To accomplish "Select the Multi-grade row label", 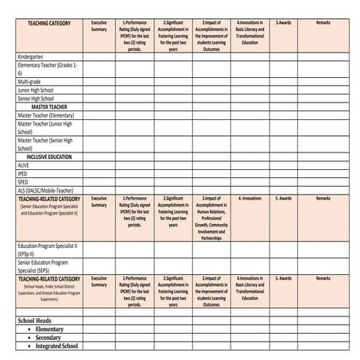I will (29, 81).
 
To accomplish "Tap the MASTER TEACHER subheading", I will (49, 106).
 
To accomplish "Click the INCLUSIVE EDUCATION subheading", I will (49, 157).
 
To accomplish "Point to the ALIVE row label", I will (23, 165).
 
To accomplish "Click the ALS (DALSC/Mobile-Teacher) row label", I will (48, 191).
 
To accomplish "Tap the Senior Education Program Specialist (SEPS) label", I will (43, 265).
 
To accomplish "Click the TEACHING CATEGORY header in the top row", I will (49, 24).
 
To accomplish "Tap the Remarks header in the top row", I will (323, 24).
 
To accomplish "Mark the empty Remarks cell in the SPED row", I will (323, 182).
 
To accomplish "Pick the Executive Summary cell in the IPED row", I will (99, 173).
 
